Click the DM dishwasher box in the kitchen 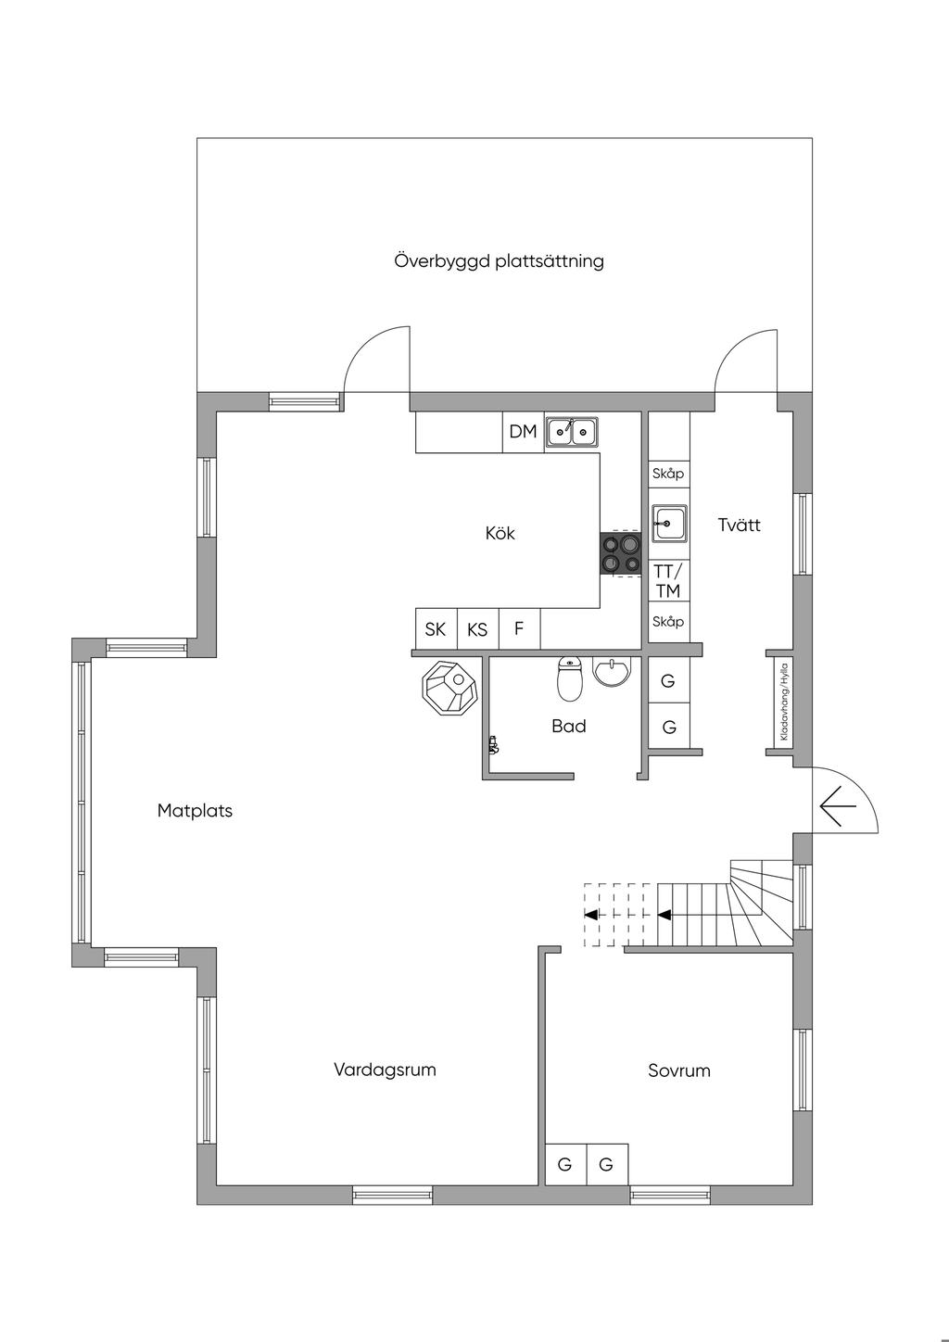pyautogui.click(x=523, y=432)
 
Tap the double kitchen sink pyautogui.click(x=572, y=432)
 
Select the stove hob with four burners pyautogui.click(x=619, y=553)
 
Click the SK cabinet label pyautogui.click(x=436, y=629)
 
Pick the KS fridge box pyautogui.click(x=478, y=629)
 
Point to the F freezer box pyautogui.click(x=519, y=629)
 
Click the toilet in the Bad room pyautogui.click(x=569, y=678)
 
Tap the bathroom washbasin pyautogui.click(x=613, y=671)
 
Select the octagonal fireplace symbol pyautogui.click(x=449, y=688)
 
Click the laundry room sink pyautogui.click(x=669, y=524)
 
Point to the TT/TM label pyautogui.click(x=668, y=580)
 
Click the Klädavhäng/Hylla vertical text pyautogui.click(x=784, y=701)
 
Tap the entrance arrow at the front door pyautogui.click(x=838, y=805)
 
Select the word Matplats pyautogui.click(x=195, y=811)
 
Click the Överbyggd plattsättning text pyautogui.click(x=500, y=261)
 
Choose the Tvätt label pyautogui.click(x=740, y=525)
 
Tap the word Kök pyautogui.click(x=500, y=533)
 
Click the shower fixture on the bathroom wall pyautogui.click(x=494, y=745)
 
